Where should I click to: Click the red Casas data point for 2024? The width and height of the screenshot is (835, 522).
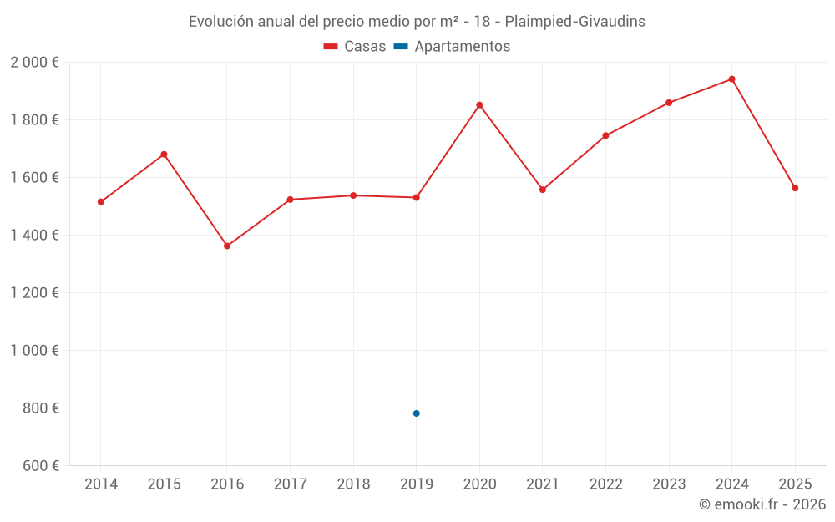[731, 79]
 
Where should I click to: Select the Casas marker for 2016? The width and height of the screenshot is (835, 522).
[227, 246]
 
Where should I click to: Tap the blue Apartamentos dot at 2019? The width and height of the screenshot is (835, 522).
[416, 413]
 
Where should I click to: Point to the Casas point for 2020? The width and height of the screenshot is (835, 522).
[479, 105]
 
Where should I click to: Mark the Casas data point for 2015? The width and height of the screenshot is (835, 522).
[164, 155]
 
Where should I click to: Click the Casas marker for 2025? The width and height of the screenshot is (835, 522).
[795, 188]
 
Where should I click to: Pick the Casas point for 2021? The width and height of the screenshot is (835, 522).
[543, 190]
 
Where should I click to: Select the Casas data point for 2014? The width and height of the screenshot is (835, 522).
[101, 202]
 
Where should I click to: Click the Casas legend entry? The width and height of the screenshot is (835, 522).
[355, 47]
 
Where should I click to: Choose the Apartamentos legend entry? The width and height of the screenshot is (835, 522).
[452, 47]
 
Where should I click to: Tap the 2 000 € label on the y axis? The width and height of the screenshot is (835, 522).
[34, 63]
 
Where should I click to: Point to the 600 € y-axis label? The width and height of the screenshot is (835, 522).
[38, 466]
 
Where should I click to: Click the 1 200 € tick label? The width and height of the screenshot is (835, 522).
[34, 293]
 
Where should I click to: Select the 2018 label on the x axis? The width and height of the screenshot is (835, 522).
[353, 484]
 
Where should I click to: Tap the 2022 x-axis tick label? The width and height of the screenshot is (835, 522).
[605, 484]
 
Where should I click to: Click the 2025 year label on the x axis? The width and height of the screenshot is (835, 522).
[795, 484]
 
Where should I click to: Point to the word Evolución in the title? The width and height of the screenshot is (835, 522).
[221, 22]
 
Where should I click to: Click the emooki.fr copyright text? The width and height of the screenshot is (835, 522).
[762, 504]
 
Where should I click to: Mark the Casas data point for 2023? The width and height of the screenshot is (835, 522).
[669, 103]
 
